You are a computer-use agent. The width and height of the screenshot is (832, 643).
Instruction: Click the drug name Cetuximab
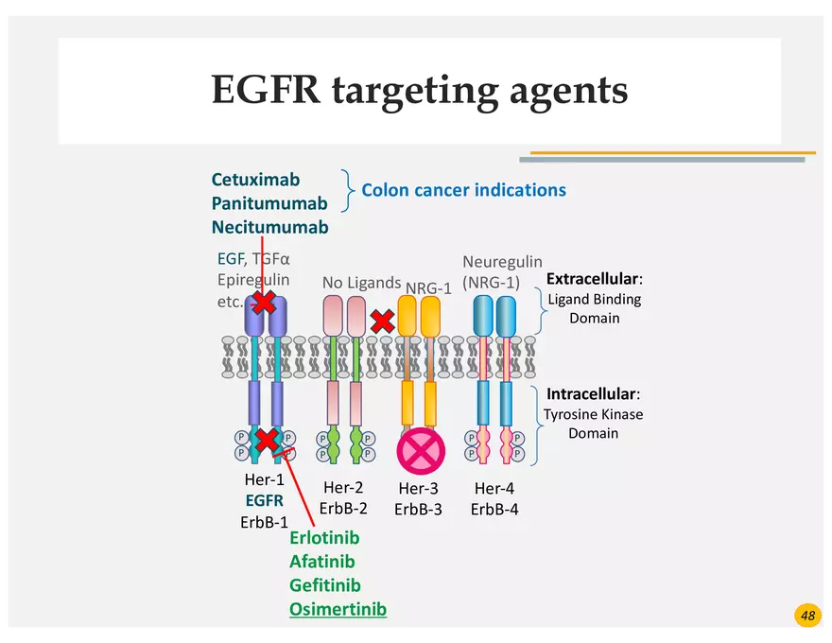coord(255,180)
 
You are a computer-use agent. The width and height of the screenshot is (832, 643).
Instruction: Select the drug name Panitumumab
coord(269,203)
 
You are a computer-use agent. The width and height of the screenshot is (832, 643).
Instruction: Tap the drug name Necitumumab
coord(269,227)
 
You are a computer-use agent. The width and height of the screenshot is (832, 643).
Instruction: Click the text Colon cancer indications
coord(463,190)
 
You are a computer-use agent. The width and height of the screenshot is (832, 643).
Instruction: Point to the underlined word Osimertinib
coord(338,609)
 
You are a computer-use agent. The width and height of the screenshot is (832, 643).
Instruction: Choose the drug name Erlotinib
coord(324,538)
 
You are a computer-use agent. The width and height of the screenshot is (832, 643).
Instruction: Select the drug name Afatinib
coord(322,562)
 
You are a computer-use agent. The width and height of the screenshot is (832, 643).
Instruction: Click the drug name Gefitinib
coord(325,585)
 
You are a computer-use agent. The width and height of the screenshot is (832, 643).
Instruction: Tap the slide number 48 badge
coord(807,616)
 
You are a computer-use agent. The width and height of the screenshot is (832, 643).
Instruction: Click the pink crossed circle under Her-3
coord(421,451)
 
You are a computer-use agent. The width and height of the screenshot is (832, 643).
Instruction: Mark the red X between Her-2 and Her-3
coord(383,321)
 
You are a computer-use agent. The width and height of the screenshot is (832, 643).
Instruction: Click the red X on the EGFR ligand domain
coord(264,303)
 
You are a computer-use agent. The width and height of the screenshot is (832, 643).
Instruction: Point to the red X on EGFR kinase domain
coord(268,440)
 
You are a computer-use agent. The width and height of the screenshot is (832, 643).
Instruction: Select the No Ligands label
coord(361,282)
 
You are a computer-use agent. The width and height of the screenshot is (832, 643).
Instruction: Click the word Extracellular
coord(593,280)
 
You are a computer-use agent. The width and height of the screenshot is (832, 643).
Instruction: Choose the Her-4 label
coord(494,488)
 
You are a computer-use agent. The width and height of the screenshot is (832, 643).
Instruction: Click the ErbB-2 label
coord(343,508)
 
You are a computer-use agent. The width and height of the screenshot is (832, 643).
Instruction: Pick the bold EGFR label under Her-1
coord(264,501)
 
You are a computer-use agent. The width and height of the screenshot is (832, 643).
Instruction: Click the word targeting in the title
coord(417,91)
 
